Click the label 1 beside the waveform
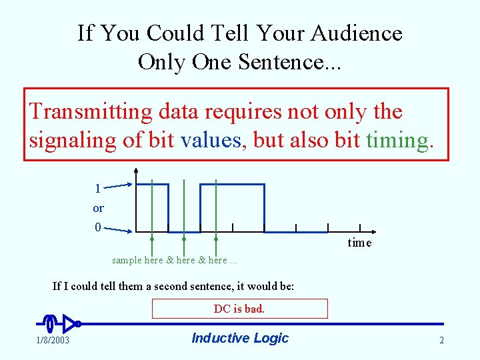point(97,189)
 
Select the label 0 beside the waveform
point(97,227)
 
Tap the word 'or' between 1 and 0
point(98,208)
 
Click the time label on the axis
point(359,243)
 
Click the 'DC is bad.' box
point(239,309)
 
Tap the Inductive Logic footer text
point(239,338)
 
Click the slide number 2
point(441,341)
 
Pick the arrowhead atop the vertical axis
point(136,169)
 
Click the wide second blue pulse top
point(232,185)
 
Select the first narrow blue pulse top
point(152,185)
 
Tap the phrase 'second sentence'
point(184,287)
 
